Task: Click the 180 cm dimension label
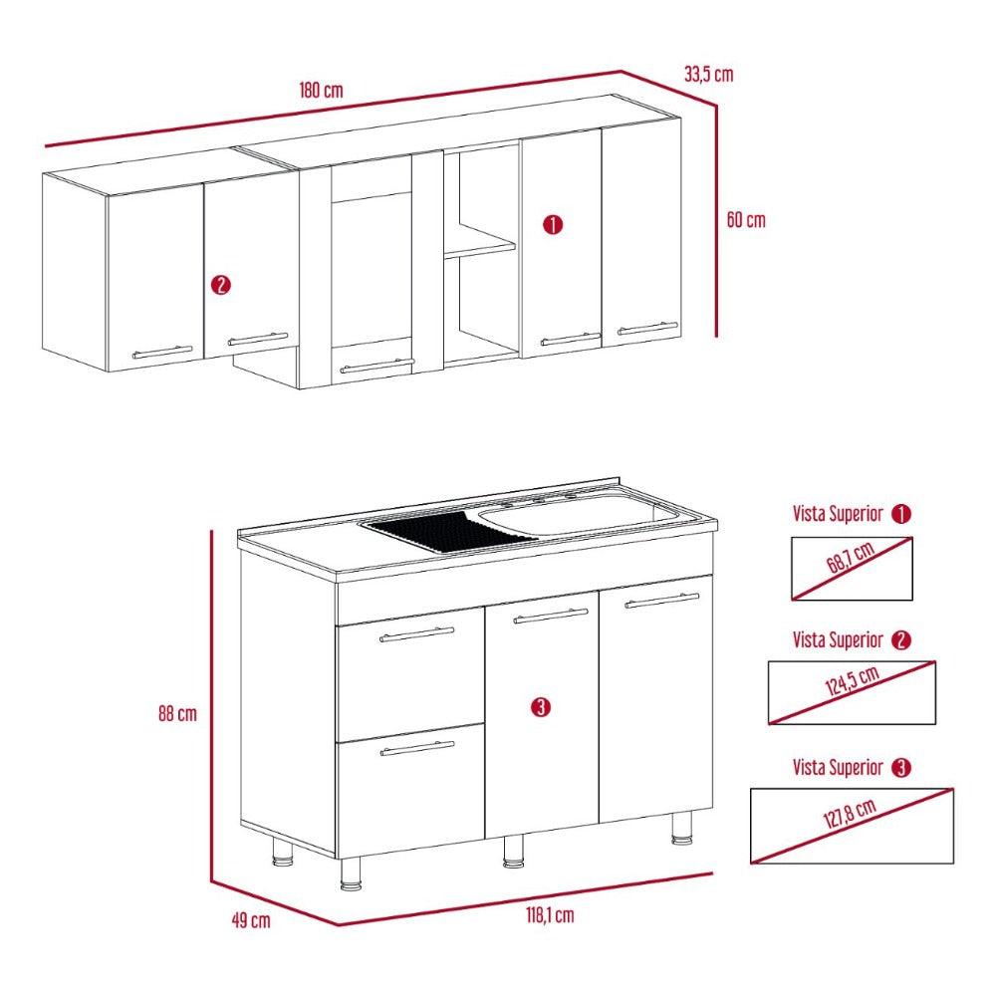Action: coord(321,90)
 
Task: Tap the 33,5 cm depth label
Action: coord(708,74)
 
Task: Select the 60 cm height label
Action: coord(746,220)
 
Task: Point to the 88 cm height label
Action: coord(177,714)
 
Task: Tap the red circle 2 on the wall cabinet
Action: coord(221,285)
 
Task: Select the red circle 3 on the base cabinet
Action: coord(539,707)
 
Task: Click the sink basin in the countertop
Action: coord(578,515)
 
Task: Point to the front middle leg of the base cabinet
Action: coord(513,851)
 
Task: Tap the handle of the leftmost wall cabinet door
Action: coord(162,352)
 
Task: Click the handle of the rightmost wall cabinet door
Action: coord(647,327)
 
